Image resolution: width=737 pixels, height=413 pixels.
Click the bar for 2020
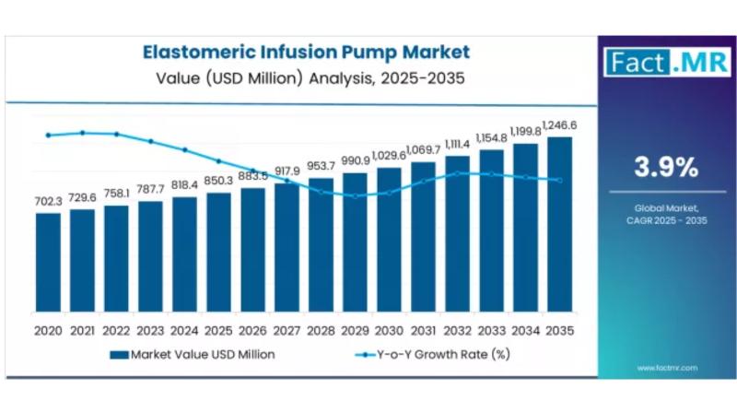(48, 264)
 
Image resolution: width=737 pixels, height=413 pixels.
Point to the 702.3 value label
(48, 201)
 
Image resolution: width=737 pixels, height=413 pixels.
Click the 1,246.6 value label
(560, 124)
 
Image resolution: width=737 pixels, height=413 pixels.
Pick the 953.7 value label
(321, 166)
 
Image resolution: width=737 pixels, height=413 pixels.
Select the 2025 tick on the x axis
(218, 329)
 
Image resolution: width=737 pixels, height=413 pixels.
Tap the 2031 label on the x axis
(423, 329)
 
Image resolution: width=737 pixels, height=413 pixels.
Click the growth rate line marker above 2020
(48, 136)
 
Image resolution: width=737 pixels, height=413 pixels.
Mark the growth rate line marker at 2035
(559, 181)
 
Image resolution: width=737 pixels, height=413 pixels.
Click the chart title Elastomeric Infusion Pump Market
(305, 53)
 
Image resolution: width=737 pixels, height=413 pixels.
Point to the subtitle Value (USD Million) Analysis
(305, 78)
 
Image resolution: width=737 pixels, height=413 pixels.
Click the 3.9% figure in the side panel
(665, 167)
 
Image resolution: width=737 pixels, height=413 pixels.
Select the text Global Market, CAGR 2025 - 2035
(665, 215)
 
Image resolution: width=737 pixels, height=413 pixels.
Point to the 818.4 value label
(184, 184)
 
